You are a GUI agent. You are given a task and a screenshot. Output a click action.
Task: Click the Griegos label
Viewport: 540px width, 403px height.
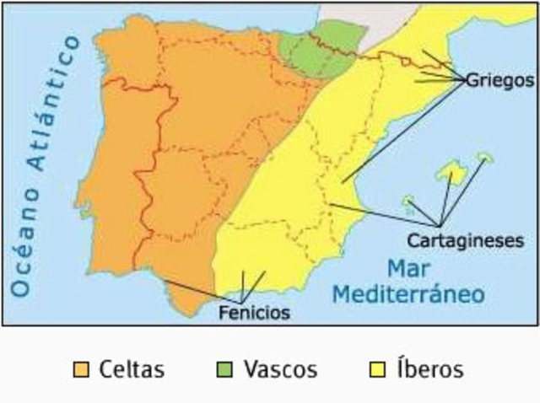click(501, 82)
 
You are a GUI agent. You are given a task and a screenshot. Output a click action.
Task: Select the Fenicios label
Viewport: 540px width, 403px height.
click(253, 313)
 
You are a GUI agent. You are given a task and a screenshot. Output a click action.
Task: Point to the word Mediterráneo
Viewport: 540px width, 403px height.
click(408, 295)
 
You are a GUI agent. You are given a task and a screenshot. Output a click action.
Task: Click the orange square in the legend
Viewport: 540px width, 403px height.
click(81, 369)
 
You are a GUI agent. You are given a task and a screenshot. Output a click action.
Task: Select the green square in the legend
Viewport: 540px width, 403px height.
click(226, 369)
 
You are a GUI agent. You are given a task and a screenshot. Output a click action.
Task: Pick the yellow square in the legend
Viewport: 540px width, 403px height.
click(379, 369)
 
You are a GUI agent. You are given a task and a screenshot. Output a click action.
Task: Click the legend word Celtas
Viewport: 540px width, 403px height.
click(132, 369)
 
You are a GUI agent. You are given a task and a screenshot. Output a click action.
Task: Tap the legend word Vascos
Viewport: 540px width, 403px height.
click(280, 369)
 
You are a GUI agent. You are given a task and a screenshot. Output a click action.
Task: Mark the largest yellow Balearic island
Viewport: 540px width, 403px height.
click(451, 173)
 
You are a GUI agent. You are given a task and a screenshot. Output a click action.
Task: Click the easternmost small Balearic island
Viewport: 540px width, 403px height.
click(485, 156)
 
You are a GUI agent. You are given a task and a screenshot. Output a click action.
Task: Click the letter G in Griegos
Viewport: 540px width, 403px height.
click(472, 82)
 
